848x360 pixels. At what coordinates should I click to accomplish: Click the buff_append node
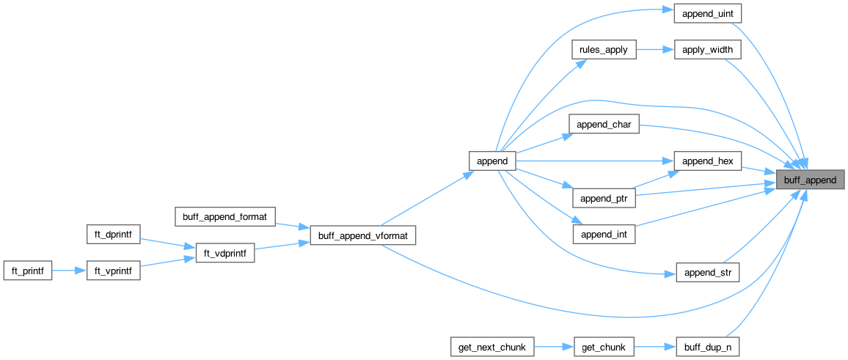810,180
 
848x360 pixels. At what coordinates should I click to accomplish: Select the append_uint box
707,14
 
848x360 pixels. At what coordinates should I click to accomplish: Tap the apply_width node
707,51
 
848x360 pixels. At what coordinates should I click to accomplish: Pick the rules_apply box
604,51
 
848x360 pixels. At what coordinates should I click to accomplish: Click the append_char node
604,125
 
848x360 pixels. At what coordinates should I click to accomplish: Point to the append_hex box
707,161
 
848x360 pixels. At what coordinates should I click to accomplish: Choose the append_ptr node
604,198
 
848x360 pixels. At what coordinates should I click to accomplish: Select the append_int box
604,235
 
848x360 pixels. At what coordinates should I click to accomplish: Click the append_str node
707,273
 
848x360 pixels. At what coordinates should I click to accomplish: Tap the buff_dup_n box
707,346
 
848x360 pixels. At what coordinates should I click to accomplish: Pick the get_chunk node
604,346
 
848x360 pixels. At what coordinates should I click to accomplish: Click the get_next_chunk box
492,346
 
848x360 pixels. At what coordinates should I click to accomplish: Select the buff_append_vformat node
363,235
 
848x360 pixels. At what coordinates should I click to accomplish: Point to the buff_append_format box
225,216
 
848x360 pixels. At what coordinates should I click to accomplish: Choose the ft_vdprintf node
225,254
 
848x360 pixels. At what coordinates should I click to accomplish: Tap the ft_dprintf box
114,235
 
